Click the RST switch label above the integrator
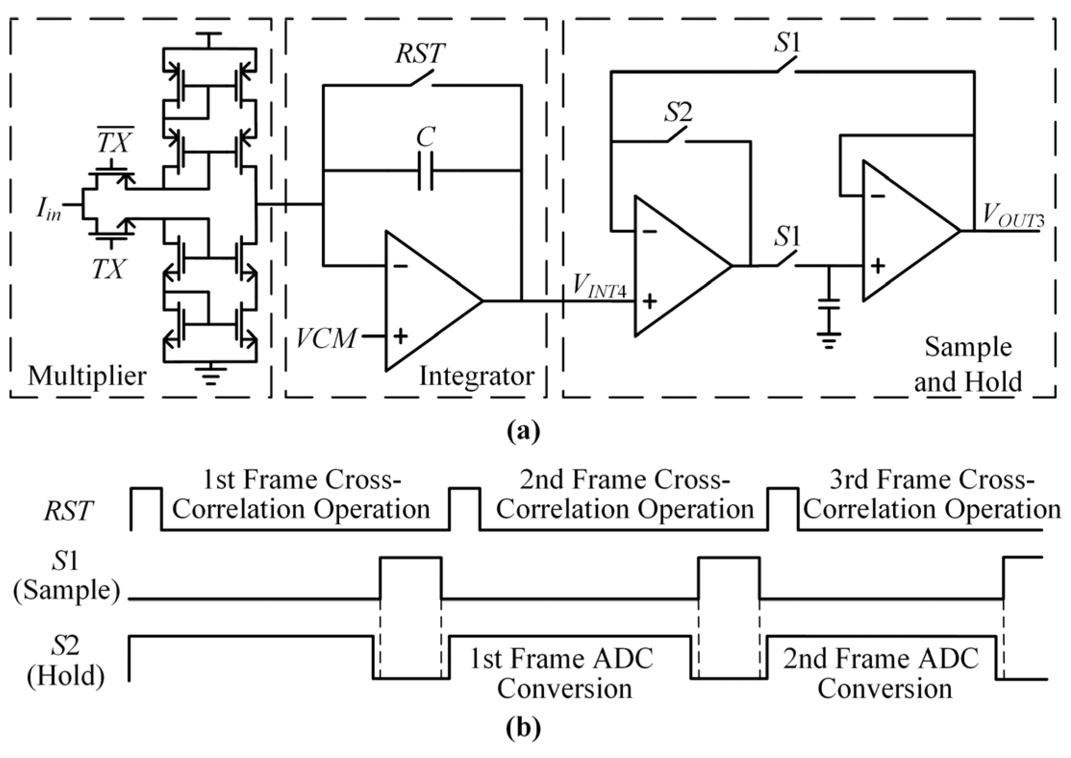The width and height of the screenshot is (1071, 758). (x=419, y=53)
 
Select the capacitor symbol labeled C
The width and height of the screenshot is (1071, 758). (x=425, y=171)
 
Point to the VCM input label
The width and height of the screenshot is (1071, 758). (x=326, y=338)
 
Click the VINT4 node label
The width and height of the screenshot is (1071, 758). (x=599, y=287)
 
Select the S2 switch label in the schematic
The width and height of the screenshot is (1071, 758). (x=677, y=113)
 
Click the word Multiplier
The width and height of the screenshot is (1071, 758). (x=87, y=376)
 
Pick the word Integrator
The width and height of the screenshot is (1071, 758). (x=476, y=376)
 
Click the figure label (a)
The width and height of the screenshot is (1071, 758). (x=523, y=431)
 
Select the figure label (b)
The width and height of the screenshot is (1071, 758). (x=523, y=728)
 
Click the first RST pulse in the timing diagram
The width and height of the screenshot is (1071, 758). (x=147, y=508)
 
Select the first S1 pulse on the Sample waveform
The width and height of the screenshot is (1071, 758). (x=410, y=577)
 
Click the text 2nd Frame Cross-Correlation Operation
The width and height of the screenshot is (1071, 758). (x=625, y=495)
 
